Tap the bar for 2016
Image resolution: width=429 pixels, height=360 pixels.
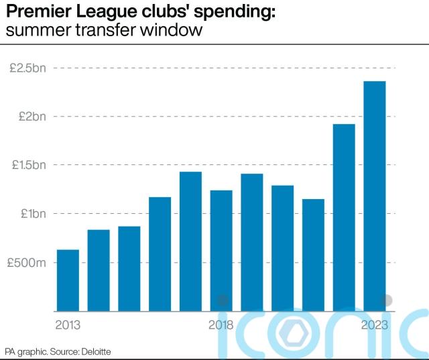pos(160,254)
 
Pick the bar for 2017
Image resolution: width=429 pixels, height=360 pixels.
pos(190,241)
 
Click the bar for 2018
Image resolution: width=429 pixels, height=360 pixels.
pos(221,251)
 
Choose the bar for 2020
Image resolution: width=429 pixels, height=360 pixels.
pos(282,248)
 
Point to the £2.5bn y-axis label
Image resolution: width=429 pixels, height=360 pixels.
pos(27,68)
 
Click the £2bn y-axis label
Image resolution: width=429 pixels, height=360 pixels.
pos(32,117)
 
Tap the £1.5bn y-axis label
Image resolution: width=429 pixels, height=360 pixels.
pos(27,166)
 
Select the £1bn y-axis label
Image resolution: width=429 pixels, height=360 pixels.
pos(32,214)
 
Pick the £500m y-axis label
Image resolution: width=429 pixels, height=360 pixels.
pos(27,263)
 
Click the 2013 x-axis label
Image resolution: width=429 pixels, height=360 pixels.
pos(68,326)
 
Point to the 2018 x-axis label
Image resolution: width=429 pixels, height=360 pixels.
pos(221,326)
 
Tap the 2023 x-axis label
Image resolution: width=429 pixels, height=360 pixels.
pos(375,326)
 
